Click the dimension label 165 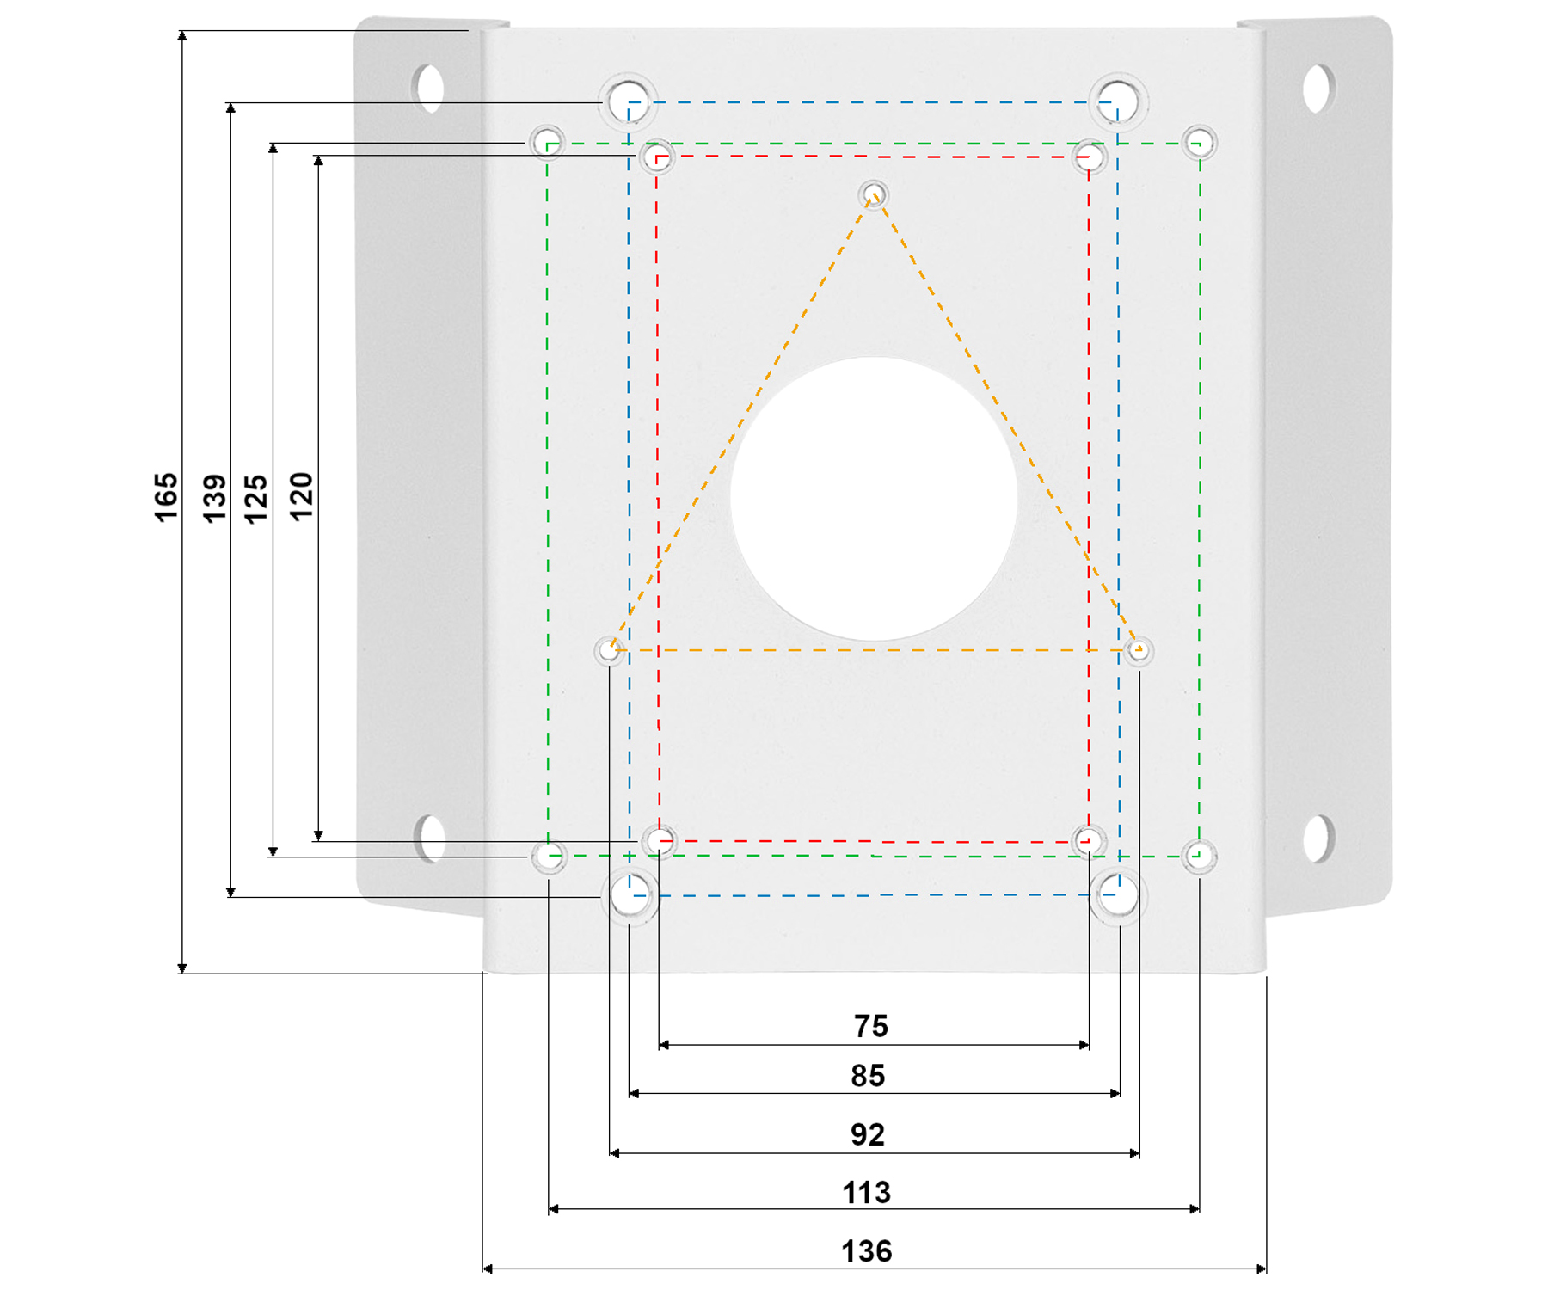[x=166, y=496]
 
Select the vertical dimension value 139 [x=214, y=497]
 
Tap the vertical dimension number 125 [x=256, y=498]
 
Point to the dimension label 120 [x=301, y=496]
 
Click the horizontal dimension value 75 [x=870, y=1026]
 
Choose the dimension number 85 [x=868, y=1076]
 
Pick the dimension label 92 [x=868, y=1135]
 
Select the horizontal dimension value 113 [x=866, y=1193]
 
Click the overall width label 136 [x=866, y=1251]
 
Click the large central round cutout [x=874, y=498]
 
